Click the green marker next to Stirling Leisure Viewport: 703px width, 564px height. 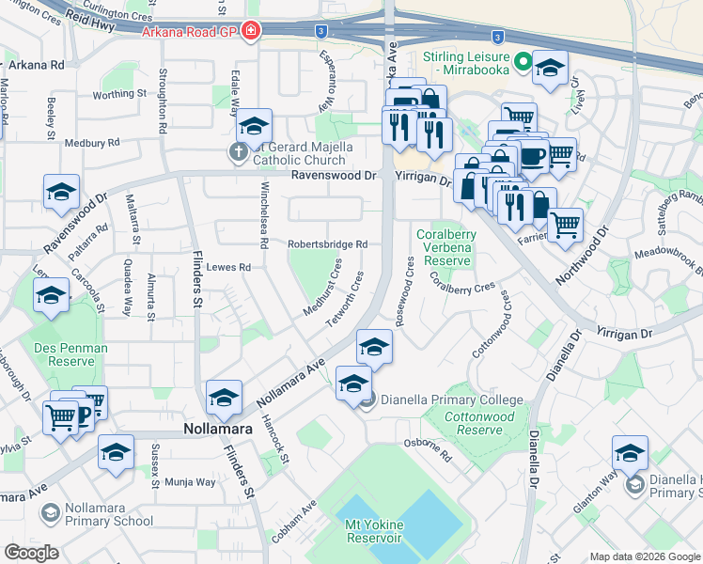519,66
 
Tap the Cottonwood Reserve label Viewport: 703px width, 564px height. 479,423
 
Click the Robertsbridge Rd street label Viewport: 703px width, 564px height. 326,244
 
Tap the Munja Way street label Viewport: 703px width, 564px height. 191,482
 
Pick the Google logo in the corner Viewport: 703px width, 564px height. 31,553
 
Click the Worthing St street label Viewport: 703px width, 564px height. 119,94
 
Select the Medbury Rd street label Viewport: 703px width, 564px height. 93,143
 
